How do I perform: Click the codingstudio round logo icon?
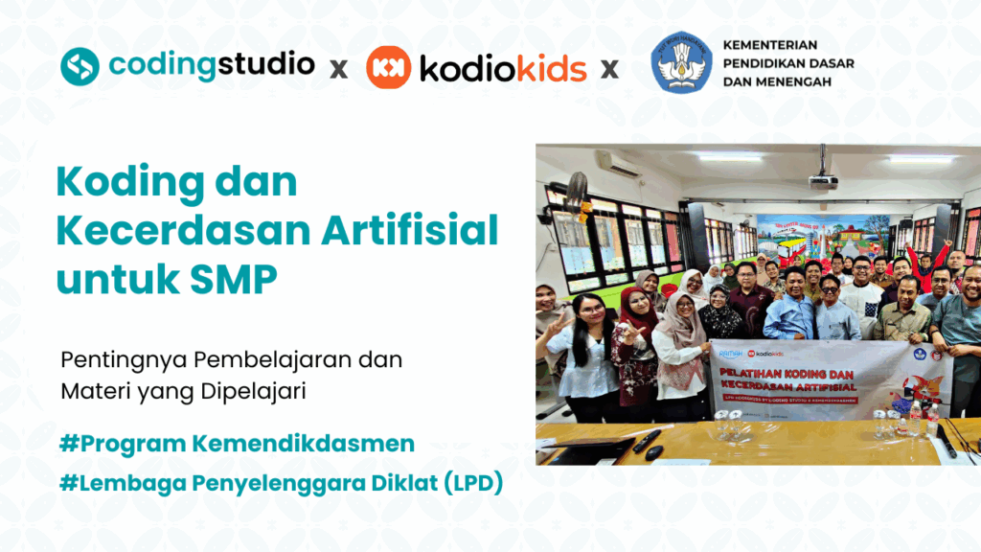(80, 66)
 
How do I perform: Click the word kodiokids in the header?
(504, 68)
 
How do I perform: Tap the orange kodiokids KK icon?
(389, 67)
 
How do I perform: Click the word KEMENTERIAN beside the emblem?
(770, 46)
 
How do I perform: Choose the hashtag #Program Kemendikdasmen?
(237, 444)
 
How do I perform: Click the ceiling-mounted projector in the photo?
(822, 179)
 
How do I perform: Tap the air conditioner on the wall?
(617, 165)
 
